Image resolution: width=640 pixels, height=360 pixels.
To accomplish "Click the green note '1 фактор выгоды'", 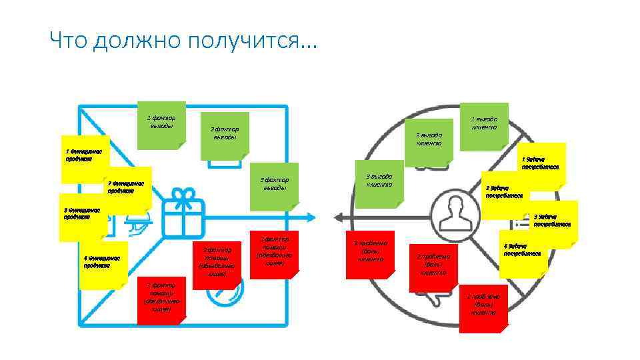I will coord(161,124).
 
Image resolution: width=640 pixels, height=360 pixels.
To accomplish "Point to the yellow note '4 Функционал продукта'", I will coord(101,265).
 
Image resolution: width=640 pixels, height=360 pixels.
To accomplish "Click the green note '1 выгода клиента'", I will coord(484,125).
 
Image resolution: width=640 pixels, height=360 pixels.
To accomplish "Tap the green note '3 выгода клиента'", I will coord(379,181).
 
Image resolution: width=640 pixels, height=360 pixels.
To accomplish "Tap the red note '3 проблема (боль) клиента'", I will coord(370,251).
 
